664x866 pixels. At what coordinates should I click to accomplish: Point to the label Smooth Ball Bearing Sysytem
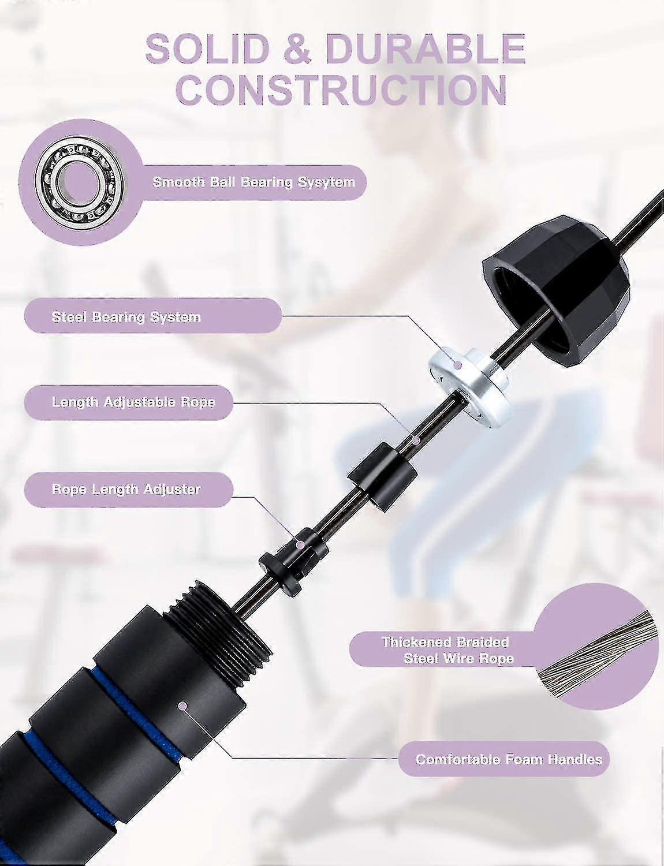[x=254, y=182]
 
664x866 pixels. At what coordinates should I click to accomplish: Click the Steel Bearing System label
[x=126, y=317]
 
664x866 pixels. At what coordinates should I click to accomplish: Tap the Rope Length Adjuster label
[x=126, y=489]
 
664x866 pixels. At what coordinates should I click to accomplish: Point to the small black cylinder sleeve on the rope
[x=382, y=478]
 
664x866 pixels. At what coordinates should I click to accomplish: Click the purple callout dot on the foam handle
[x=183, y=706]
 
